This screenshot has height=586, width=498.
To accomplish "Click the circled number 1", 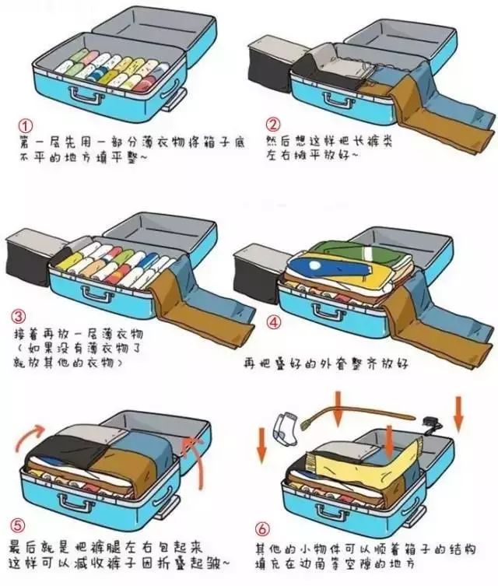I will click(x=26, y=125).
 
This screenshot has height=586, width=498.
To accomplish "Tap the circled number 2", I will click(x=272, y=125).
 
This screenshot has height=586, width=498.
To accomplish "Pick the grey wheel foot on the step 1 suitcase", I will click(x=174, y=98).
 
